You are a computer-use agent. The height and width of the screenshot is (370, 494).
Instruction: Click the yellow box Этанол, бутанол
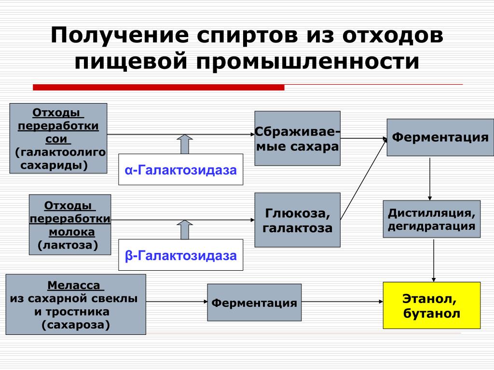(x=432, y=305)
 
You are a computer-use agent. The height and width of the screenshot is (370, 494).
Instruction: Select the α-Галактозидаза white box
(x=181, y=169)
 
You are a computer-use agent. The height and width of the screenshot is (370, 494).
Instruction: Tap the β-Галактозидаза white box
(x=181, y=255)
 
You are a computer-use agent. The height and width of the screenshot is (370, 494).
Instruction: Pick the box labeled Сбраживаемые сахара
(x=297, y=138)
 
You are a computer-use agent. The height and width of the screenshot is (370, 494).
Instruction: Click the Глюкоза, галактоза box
(x=297, y=220)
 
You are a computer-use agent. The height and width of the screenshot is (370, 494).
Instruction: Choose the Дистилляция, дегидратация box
(x=432, y=219)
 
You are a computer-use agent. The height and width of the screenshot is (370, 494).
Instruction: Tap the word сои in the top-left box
(x=56, y=139)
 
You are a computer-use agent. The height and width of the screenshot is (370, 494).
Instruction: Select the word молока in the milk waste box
(x=72, y=232)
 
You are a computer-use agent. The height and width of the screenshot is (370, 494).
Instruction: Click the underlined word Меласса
(x=74, y=285)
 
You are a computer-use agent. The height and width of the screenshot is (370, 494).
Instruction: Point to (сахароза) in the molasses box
(x=76, y=325)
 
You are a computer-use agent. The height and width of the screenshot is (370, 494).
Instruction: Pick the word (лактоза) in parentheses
(x=68, y=245)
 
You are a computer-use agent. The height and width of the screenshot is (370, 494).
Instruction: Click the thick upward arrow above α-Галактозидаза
(x=185, y=144)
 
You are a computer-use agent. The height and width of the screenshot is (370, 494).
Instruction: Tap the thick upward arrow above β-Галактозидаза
(x=185, y=230)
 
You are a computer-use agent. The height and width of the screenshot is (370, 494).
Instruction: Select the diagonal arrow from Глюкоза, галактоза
(x=364, y=179)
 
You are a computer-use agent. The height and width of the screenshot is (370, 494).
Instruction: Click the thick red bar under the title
(x=158, y=87)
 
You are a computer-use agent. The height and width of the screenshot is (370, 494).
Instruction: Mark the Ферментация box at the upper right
(x=440, y=137)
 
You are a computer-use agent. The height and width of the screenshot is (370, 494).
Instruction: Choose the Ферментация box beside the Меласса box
(x=254, y=303)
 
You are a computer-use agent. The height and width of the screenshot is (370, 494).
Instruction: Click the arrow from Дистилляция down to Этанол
(x=434, y=261)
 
